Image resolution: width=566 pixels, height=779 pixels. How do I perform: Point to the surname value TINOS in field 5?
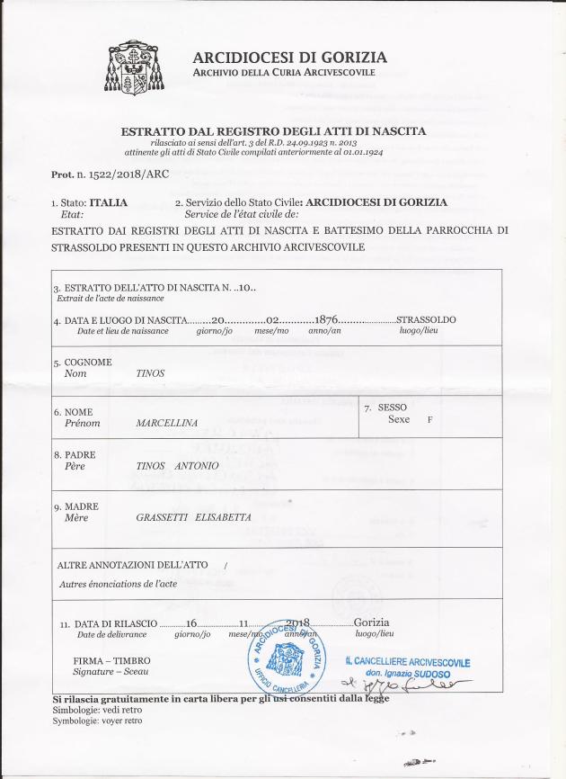pyautogui.click(x=150, y=372)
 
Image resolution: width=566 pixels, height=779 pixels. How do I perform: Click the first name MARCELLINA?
pyautogui.click(x=166, y=421)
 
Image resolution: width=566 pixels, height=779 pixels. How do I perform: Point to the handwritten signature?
pyautogui.click(x=415, y=688)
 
